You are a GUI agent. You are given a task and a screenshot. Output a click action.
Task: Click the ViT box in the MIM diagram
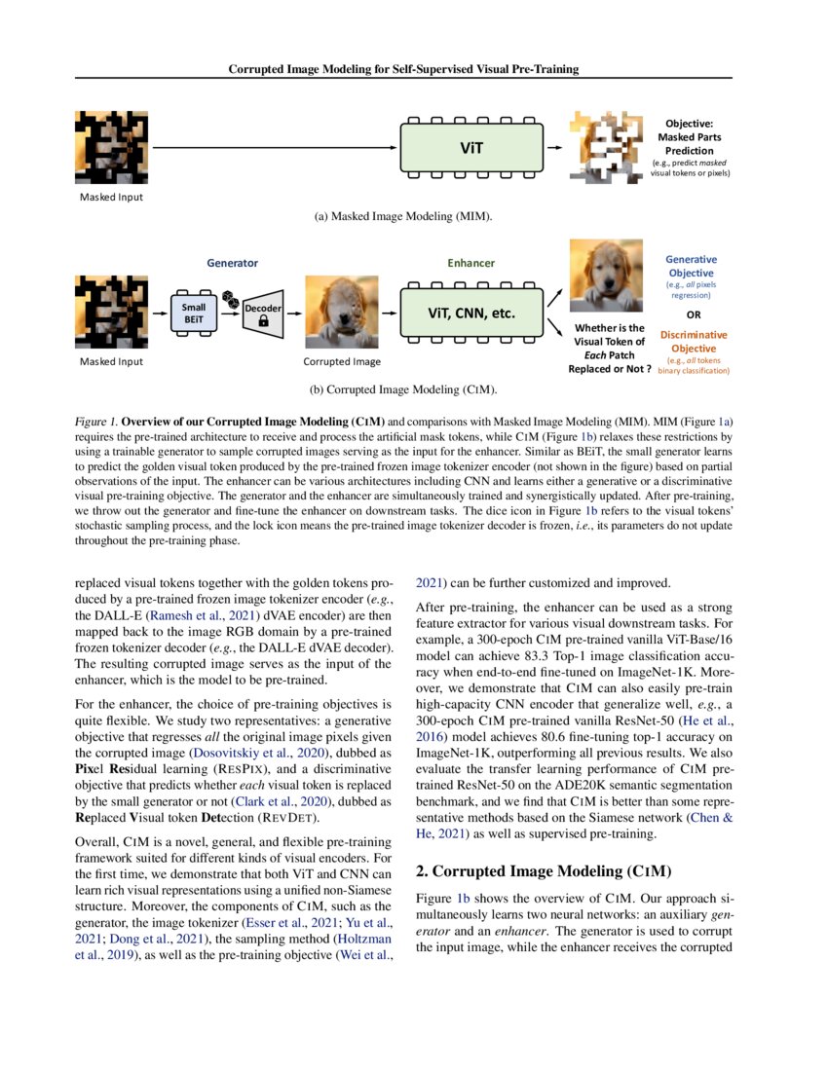click(470, 149)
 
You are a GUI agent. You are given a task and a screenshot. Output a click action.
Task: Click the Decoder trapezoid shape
click(263, 309)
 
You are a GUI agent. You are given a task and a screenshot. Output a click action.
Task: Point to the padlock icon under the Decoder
click(264, 328)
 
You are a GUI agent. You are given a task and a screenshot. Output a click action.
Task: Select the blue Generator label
click(232, 263)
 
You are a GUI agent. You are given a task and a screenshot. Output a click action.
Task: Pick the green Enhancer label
click(470, 263)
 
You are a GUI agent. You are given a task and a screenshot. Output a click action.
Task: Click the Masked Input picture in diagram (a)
click(111, 148)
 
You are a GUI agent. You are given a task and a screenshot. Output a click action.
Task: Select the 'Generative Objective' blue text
click(691, 266)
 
